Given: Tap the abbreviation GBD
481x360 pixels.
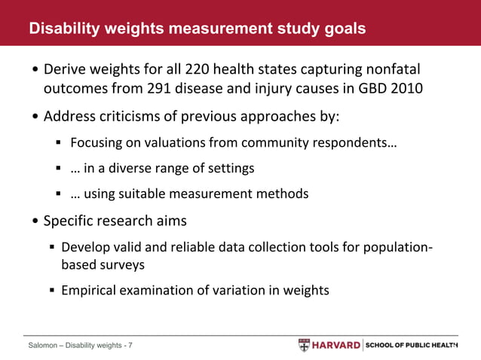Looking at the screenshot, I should coord(354,90).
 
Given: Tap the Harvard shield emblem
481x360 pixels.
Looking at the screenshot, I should coord(304,345).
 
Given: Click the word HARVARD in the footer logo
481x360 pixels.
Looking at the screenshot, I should coord(335,345).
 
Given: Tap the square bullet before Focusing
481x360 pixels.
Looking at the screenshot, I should coord(59,143).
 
